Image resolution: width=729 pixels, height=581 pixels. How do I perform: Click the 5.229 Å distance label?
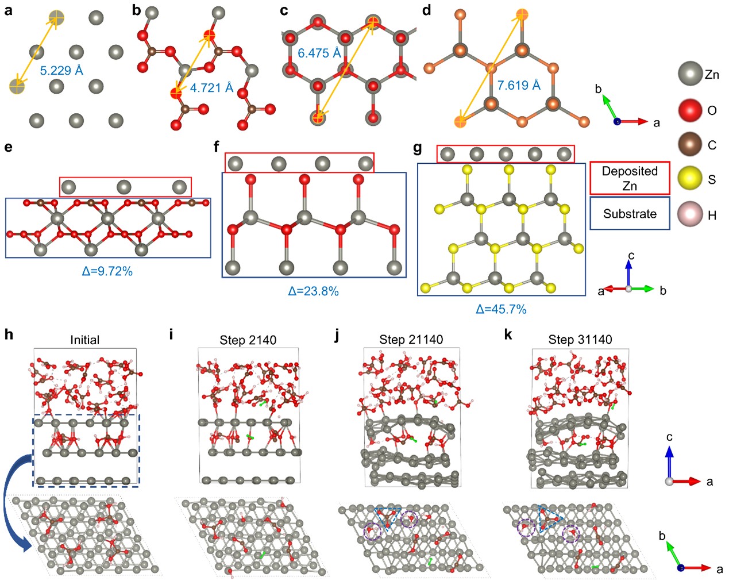(61, 71)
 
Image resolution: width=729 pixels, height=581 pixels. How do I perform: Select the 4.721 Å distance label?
(211, 88)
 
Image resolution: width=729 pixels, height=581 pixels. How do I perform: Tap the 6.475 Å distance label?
(319, 53)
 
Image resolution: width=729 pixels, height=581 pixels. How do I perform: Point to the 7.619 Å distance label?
(519, 86)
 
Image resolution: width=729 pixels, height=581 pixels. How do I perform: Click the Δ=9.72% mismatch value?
(107, 271)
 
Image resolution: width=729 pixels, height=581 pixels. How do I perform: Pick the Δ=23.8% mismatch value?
(313, 291)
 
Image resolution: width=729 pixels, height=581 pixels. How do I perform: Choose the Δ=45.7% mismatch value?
(501, 309)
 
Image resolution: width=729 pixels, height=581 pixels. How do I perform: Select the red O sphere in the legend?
(690, 110)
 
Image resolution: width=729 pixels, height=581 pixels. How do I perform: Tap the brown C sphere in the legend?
(690, 144)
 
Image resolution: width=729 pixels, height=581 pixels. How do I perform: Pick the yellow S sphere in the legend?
(690, 179)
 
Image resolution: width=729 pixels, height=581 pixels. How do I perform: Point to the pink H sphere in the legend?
(690, 214)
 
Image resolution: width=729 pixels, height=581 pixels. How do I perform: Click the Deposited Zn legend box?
(630, 178)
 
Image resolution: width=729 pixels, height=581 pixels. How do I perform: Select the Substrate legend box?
(630, 214)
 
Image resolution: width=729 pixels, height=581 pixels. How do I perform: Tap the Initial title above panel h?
(84, 340)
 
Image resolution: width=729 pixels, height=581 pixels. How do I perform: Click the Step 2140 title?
(248, 340)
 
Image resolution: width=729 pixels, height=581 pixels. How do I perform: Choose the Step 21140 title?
(411, 340)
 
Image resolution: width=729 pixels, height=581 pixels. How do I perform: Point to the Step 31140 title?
(580, 340)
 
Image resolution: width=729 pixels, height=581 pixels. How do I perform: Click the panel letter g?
(418, 149)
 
